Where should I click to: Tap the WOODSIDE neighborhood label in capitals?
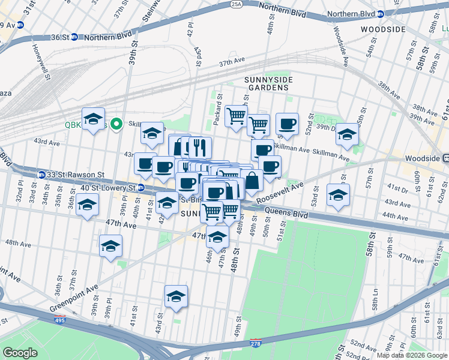point(385,29)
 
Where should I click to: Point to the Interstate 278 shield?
point(256,342)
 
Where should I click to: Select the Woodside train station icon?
point(445,158)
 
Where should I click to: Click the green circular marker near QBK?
point(116,124)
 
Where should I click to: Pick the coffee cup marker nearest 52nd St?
point(287,124)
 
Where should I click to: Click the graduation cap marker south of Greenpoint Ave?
point(176,296)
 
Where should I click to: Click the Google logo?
point(20,353)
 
